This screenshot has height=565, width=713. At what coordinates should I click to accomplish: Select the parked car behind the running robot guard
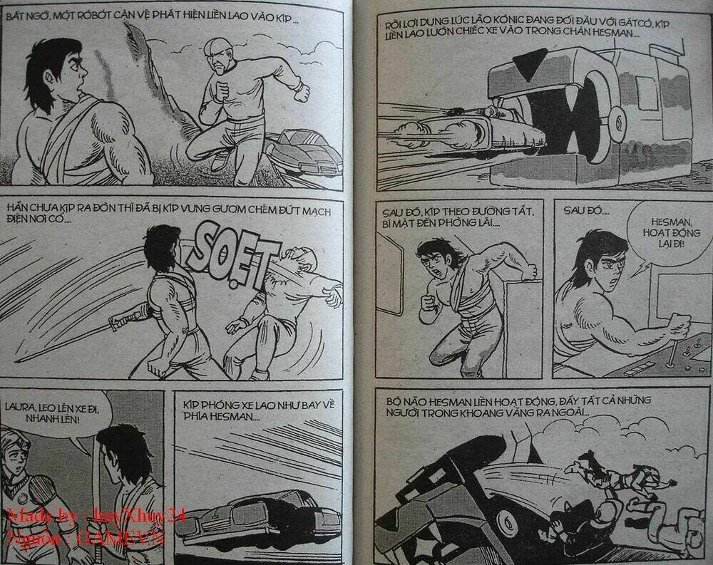pyautogui.click(x=305, y=151)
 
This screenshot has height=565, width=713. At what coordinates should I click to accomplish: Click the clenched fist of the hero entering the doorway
pyautogui.click(x=428, y=302)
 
